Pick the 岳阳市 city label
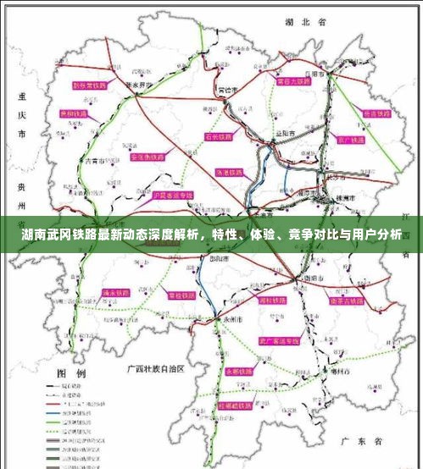[x=318, y=74]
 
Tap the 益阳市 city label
[x=285, y=134]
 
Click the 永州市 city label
[x=232, y=320]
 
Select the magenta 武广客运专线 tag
[x=281, y=340]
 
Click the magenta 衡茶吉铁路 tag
[x=347, y=299]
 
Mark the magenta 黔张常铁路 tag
[x=91, y=86]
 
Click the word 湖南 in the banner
[x=36, y=235]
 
